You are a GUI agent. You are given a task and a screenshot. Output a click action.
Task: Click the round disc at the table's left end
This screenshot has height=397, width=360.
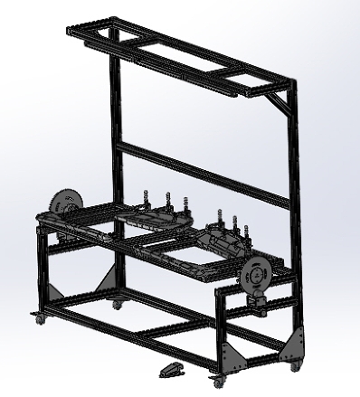point(62,203)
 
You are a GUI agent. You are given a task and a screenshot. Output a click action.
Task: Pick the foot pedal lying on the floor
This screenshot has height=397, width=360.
point(170,368)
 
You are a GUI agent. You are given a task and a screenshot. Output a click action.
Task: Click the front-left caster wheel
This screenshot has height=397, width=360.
point(40,319)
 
